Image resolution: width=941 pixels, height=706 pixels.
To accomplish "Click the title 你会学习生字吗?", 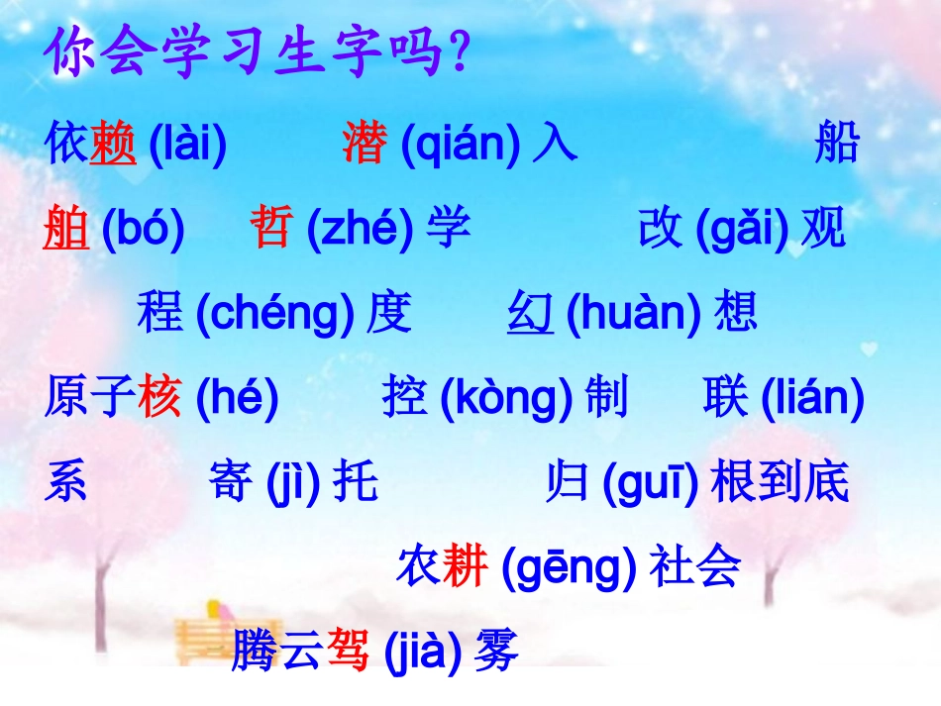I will [x=257, y=54].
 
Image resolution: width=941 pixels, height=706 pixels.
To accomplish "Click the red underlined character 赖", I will [x=112, y=146].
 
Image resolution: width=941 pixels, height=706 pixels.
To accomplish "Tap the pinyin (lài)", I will [x=187, y=146].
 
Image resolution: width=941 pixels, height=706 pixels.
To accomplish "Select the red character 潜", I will [x=366, y=146].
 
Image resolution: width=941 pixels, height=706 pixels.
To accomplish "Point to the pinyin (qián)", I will [x=462, y=146].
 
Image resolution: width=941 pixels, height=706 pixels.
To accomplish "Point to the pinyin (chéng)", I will [x=274, y=314].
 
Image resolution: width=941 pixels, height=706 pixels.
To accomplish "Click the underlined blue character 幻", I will [x=530, y=314].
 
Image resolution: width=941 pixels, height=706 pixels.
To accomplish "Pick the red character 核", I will [x=160, y=399].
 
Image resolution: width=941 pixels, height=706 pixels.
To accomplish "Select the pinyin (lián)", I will [x=812, y=399].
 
